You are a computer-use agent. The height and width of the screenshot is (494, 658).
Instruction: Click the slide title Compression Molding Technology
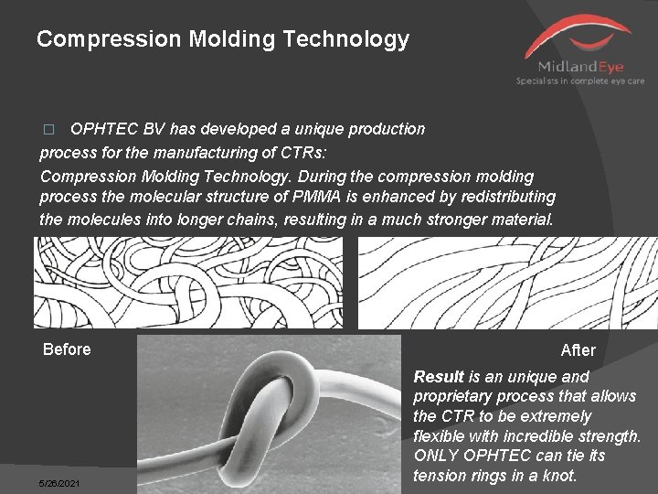pyautogui.click(x=222, y=39)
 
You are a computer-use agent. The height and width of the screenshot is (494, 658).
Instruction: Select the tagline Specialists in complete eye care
pyautogui.click(x=580, y=81)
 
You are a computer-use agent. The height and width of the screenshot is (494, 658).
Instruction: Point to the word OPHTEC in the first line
pyautogui.click(x=101, y=129)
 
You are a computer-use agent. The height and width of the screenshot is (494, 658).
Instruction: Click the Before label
pyautogui.click(x=67, y=349)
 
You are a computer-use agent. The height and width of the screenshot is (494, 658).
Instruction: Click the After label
pyautogui.click(x=578, y=350)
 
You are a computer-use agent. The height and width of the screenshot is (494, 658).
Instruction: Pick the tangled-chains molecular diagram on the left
pyautogui.click(x=188, y=282)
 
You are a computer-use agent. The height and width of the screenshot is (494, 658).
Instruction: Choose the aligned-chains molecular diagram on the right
pyautogui.click(x=507, y=282)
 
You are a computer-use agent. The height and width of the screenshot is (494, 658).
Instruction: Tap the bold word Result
pyautogui.click(x=439, y=377)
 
